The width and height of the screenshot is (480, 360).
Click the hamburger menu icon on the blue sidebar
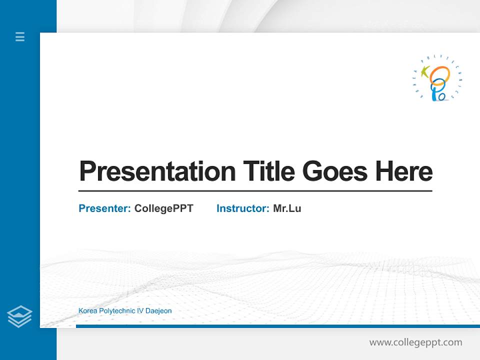[20, 36]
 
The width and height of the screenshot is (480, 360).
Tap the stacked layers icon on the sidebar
[19, 316]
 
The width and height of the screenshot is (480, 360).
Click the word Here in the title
[404, 171]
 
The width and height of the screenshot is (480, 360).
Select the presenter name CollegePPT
[163, 208]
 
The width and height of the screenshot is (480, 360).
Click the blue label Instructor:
[243, 208]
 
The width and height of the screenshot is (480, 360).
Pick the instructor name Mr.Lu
[287, 208]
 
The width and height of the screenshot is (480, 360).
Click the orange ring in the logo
[440, 75]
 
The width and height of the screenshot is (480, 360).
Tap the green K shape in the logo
[426, 72]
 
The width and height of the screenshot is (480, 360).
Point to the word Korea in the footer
[87, 311]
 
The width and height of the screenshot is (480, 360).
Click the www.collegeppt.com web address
[415, 342]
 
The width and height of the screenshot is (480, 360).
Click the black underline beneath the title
[255, 191]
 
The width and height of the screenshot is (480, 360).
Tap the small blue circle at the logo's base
[442, 95]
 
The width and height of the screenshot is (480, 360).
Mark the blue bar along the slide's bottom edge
[277, 326]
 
